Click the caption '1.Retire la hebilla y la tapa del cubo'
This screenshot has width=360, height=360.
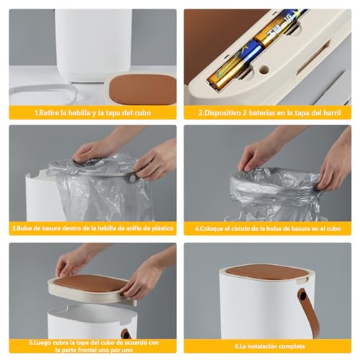pos(92,113)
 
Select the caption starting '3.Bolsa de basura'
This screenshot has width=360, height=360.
pos(92,229)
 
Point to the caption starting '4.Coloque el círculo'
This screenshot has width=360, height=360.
pos(267,229)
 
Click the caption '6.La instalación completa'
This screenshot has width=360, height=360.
pos(267,345)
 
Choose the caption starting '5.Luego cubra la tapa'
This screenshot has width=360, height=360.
pos(92,345)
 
